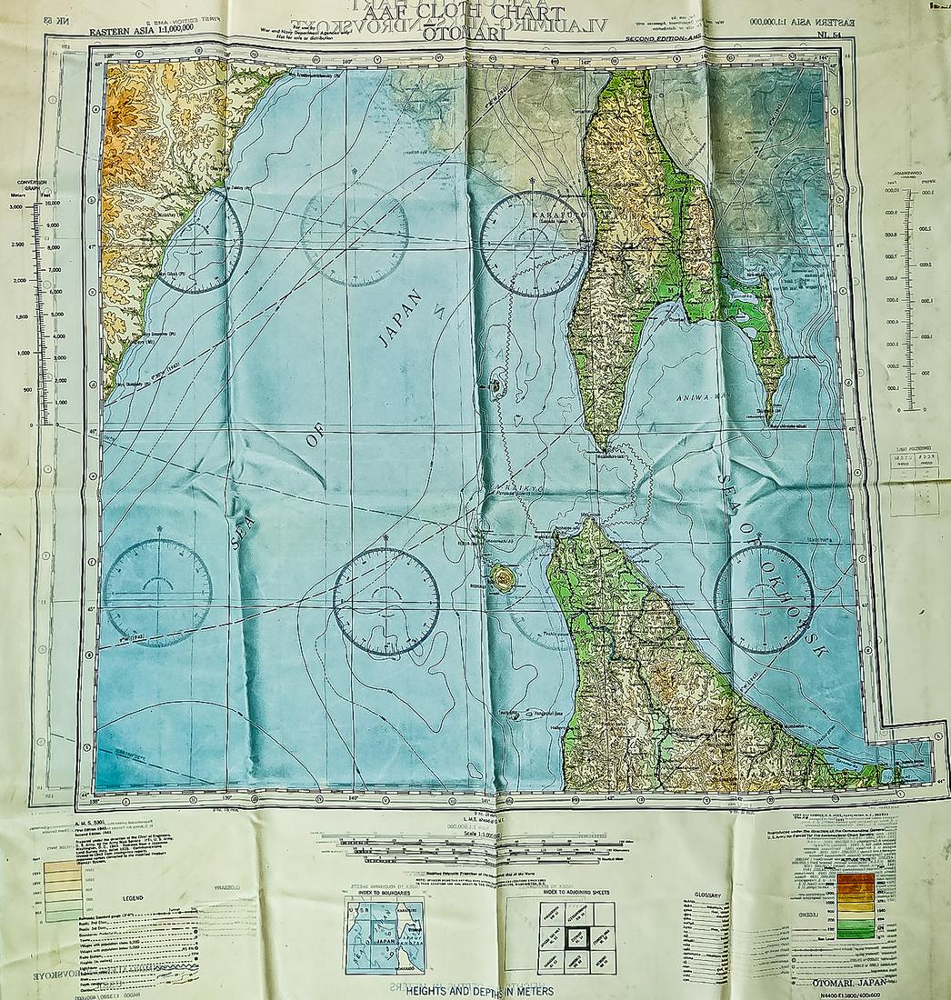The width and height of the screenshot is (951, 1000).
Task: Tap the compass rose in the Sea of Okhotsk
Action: point(764,599)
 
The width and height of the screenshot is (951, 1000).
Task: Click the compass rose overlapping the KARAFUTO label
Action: point(533,245)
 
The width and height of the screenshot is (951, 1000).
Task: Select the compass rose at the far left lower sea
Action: point(158,592)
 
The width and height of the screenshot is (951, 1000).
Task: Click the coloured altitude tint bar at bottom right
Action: point(856,905)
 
